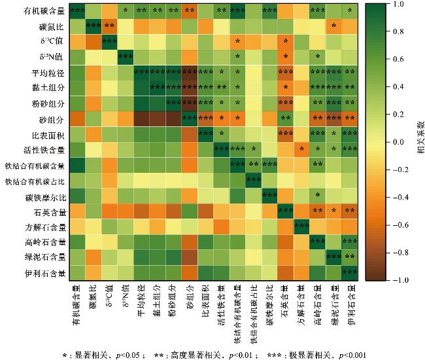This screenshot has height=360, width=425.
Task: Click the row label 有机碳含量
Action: point(44,10)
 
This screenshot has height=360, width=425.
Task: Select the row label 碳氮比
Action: point(50,26)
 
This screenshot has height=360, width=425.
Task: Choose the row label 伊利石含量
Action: point(44,272)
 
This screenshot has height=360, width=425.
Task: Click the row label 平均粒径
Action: point(47,73)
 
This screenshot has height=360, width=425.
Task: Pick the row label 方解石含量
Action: point(44,227)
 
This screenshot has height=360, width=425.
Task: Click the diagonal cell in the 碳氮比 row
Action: point(93,26)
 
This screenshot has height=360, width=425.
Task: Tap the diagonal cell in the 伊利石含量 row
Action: point(350,272)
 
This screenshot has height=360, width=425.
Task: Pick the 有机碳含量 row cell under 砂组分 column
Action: point(189,10)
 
